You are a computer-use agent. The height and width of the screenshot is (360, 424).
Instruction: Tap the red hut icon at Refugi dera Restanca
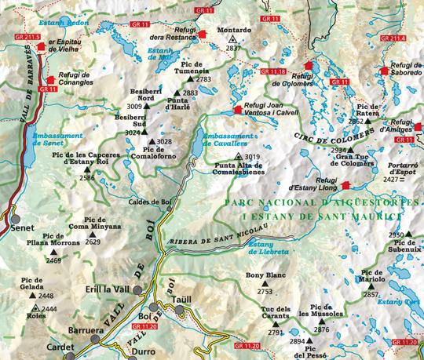(203, 34)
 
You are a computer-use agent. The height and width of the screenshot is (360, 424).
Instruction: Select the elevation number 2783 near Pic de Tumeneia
(204, 79)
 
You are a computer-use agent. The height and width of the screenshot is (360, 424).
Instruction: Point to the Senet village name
(24, 228)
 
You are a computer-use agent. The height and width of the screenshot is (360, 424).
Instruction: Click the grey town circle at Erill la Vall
(138, 290)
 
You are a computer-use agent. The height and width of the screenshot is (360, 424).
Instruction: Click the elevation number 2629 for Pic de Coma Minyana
(93, 242)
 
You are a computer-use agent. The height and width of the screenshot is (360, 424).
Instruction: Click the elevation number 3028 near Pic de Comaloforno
(164, 141)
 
